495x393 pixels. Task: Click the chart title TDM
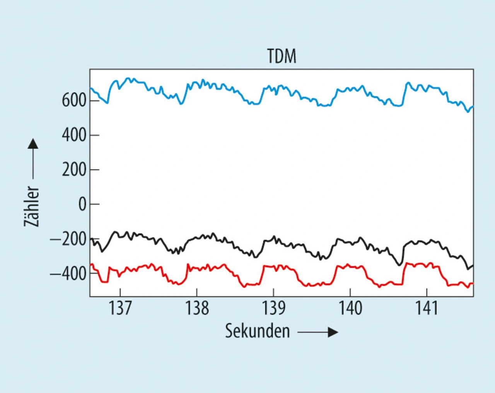[282, 56]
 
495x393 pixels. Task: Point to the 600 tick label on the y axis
[74, 100]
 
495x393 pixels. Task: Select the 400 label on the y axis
[74, 135]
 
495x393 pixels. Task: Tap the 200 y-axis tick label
[74, 169]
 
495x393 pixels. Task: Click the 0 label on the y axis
[82, 204]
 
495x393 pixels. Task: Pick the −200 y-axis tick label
[68, 239]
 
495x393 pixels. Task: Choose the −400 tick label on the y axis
[68, 274]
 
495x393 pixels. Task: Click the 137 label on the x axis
[120, 308]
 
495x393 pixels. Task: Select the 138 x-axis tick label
[197, 308]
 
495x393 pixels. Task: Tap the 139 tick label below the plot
[274, 308]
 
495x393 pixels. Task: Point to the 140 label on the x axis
[350, 308]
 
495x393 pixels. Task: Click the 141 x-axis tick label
[427, 308]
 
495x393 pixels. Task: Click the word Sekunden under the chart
[258, 331]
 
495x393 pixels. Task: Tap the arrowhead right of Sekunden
[333, 332]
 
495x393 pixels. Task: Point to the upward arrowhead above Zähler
[33, 144]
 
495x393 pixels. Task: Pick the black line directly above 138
[197, 238]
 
